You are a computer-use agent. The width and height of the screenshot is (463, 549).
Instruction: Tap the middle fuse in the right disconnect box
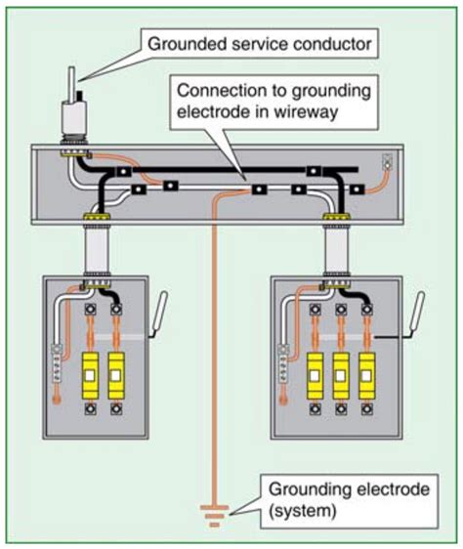pos(342,373)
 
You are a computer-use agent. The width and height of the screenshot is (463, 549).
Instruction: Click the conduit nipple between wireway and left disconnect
pos(97,250)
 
